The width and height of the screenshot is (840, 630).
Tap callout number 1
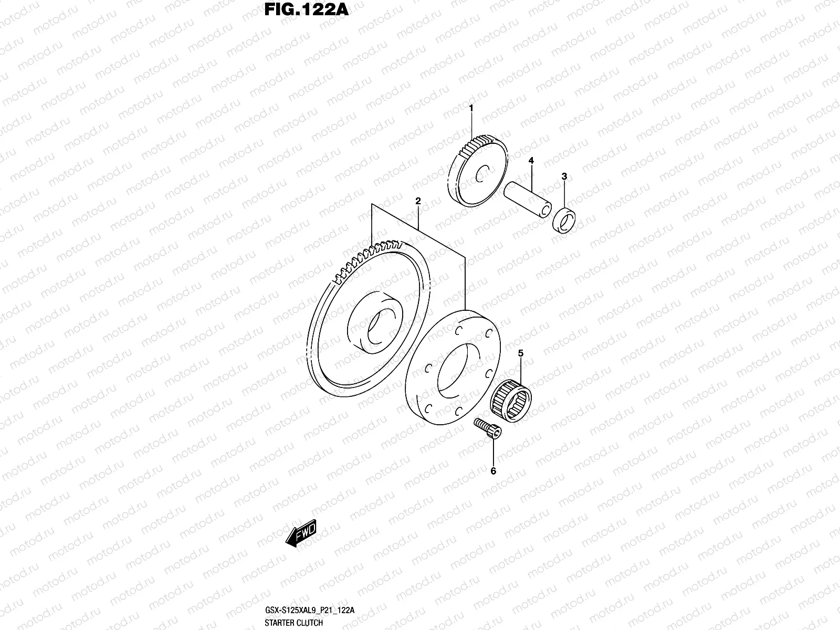(471, 108)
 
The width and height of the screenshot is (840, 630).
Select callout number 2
(418, 201)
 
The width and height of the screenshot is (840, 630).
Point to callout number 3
(564, 176)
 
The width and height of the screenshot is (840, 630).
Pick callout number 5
(521, 353)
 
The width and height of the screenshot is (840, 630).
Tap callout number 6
(493, 471)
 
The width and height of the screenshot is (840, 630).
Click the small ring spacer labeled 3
(564, 220)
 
